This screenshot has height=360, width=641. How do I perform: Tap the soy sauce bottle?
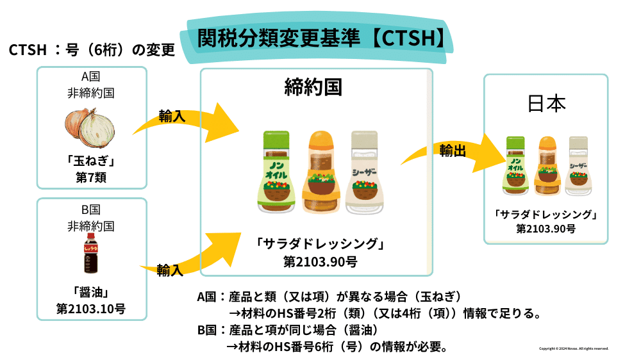coord(91,256)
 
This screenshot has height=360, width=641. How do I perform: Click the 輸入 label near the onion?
coord(172,117)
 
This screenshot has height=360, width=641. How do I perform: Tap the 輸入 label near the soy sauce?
coord(170,270)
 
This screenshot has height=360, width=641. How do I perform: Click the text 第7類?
coord(90,177)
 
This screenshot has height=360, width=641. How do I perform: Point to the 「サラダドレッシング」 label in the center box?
coord(320,244)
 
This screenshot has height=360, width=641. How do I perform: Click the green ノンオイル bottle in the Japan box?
coord(517,165)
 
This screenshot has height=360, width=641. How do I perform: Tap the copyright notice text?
coord(574,348)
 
